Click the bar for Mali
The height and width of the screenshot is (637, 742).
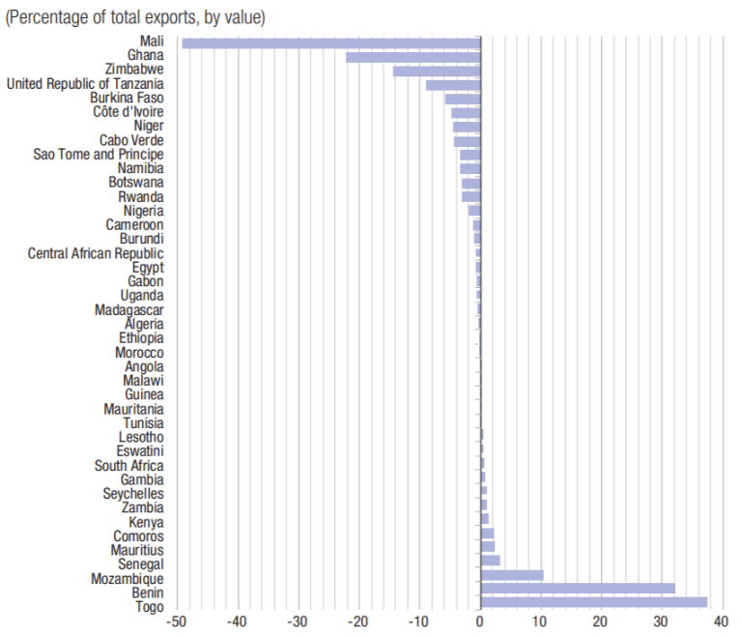pyautogui.click(x=331, y=43)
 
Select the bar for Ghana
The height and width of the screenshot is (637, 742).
pyautogui.click(x=413, y=57)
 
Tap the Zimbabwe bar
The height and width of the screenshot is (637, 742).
pyautogui.click(x=437, y=71)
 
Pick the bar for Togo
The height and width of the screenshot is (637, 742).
pyautogui.click(x=593, y=602)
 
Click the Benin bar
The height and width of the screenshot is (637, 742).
pyautogui.click(x=577, y=588)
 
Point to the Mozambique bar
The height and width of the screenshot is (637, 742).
pyautogui.click(x=512, y=574)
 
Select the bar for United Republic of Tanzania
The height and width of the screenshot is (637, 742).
pyautogui.click(x=453, y=85)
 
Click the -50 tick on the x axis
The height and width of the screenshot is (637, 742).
pyautogui.click(x=177, y=622)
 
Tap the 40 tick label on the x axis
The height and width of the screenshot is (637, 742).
pyautogui.click(x=721, y=622)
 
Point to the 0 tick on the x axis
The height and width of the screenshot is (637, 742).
pyautogui.click(x=480, y=622)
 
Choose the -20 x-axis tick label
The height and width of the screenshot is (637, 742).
pyautogui.click(x=358, y=622)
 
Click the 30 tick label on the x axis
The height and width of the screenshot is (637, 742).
pyautogui.click(x=660, y=622)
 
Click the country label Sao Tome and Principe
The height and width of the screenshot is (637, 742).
pyautogui.click(x=99, y=155)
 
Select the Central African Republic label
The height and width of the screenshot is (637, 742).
pyautogui.click(x=96, y=253)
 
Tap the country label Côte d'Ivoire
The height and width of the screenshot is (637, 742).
pyautogui.click(x=128, y=112)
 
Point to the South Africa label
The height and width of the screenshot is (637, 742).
pyautogui.click(x=128, y=466)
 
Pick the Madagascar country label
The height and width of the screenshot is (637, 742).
pyautogui.click(x=129, y=310)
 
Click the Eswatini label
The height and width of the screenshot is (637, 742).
pyautogui.click(x=140, y=451)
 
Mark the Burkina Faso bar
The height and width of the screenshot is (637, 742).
pyautogui.click(x=463, y=99)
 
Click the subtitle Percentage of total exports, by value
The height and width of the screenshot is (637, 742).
pyautogui.click(x=136, y=17)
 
